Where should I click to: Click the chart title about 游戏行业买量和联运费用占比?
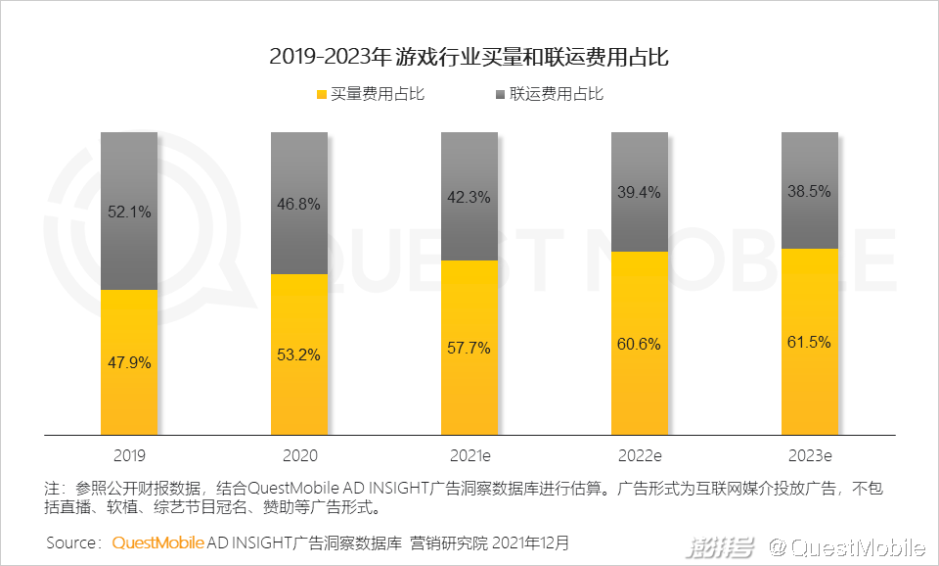click(469, 57)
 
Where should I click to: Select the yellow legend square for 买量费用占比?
click(320, 95)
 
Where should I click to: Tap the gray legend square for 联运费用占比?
click(500, 95)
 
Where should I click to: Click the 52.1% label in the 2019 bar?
click(129, 212)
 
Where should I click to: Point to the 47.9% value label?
click(129, 362)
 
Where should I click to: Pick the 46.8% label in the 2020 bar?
click(299, 204)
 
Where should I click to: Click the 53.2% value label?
click(299, 354)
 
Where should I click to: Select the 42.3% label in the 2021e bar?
click(469, 197)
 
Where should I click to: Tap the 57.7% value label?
click(469, 348)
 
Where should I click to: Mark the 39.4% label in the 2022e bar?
click(640, 192)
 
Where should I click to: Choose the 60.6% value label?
click(640, 344)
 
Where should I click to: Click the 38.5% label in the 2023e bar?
click(809, 191)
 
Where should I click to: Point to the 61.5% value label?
click(809, 342)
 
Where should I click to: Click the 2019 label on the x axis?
click(129, 455)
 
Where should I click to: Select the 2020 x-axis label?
click(299, 455)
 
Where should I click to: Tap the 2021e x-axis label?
click(469, 455)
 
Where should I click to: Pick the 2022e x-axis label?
click(640, 455)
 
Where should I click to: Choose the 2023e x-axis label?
click(809, 455)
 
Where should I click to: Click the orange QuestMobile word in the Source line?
click(157, 542)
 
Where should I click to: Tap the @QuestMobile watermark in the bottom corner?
click(846, 546)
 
